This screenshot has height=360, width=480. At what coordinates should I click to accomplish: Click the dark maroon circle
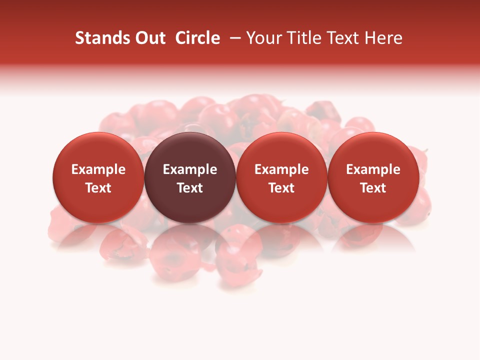pos(190,177)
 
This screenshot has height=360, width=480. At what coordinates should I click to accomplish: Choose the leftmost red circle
pos(98,177)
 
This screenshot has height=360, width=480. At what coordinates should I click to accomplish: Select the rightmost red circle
pos(373,177)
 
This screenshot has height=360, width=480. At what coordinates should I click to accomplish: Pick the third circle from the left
pos(281,177)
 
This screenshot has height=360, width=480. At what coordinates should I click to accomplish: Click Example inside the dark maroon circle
pos(190,169)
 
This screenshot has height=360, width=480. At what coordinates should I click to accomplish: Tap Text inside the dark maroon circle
pos(190,188)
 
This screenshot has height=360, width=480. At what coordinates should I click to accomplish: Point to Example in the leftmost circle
pos(98,169)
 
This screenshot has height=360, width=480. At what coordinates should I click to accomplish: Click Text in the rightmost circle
pos(373,188)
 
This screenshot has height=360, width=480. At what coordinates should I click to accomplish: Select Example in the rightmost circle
pos(373,169)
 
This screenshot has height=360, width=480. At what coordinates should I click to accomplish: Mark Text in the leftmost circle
pos(98,188)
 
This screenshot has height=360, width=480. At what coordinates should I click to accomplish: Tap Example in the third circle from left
pos(281,169)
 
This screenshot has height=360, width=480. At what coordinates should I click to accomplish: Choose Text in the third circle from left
pos(281,188)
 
